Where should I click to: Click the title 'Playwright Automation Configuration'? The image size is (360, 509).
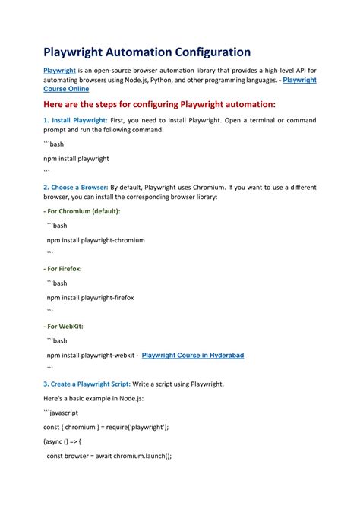[147, 52]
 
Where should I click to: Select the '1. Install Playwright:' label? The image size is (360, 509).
[81, 121]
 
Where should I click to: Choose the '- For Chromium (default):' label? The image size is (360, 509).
[81, 211]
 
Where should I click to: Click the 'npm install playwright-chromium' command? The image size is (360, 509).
[96, 240]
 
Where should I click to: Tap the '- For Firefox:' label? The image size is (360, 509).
[62, 269]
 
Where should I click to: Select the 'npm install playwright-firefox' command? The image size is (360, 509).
[90, 298]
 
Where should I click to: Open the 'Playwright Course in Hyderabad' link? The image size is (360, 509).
[193, 355]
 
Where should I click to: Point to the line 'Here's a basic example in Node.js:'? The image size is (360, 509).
[93, 398]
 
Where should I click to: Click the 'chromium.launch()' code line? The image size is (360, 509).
[109, 456]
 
